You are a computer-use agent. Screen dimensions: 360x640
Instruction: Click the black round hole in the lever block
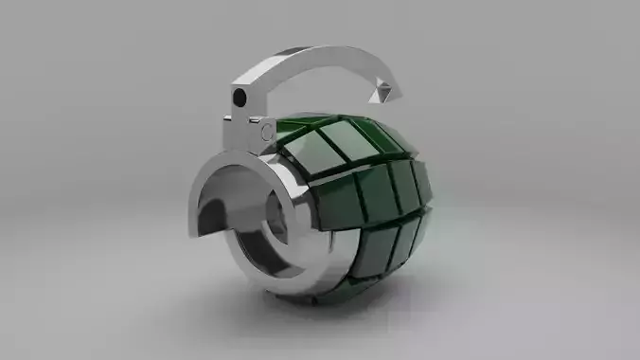[x=240, y=98]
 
